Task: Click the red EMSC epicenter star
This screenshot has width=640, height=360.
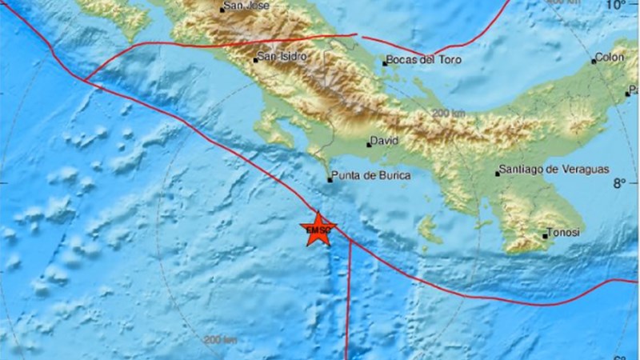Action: (x=318, y=230)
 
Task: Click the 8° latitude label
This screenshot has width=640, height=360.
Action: (x=620, y=183)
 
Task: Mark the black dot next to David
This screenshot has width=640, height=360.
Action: (x=369, y=145)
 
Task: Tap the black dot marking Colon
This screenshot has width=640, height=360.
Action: (x=594, y=60)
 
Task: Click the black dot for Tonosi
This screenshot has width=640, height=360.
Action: (x=545, y=236)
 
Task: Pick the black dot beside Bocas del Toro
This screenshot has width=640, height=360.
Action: (x=385, y=62)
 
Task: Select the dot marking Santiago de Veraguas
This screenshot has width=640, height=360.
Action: (x=497, y=171)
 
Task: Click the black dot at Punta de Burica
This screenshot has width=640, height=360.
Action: (x=330, y=180)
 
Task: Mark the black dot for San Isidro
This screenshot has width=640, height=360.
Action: (x=255, y=59)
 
